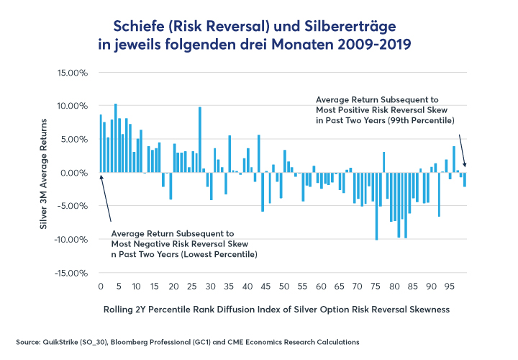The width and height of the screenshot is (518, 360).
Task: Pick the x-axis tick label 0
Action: (x=101, y=287)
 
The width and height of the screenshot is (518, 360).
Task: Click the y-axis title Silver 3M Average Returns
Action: (x=45, y=173)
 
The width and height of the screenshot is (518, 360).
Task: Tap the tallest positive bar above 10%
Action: (x=115, y=138)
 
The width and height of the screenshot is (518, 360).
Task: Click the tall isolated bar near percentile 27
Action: (x=199, y=140)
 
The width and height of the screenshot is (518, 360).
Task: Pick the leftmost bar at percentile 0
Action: (x=101, y=143)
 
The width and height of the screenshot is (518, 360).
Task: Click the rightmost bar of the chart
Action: (x=465, y=179)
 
